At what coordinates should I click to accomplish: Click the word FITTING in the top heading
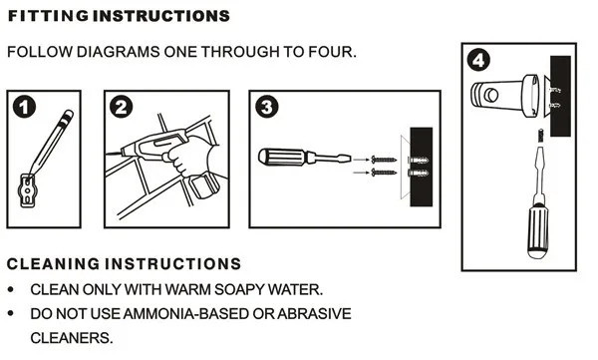coord(42,17)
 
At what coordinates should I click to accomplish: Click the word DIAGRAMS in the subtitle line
coord(117,51)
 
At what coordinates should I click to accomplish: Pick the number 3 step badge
coord(266,107)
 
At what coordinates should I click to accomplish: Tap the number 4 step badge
coord(481,61)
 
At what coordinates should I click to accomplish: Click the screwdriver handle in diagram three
coord(284,157)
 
